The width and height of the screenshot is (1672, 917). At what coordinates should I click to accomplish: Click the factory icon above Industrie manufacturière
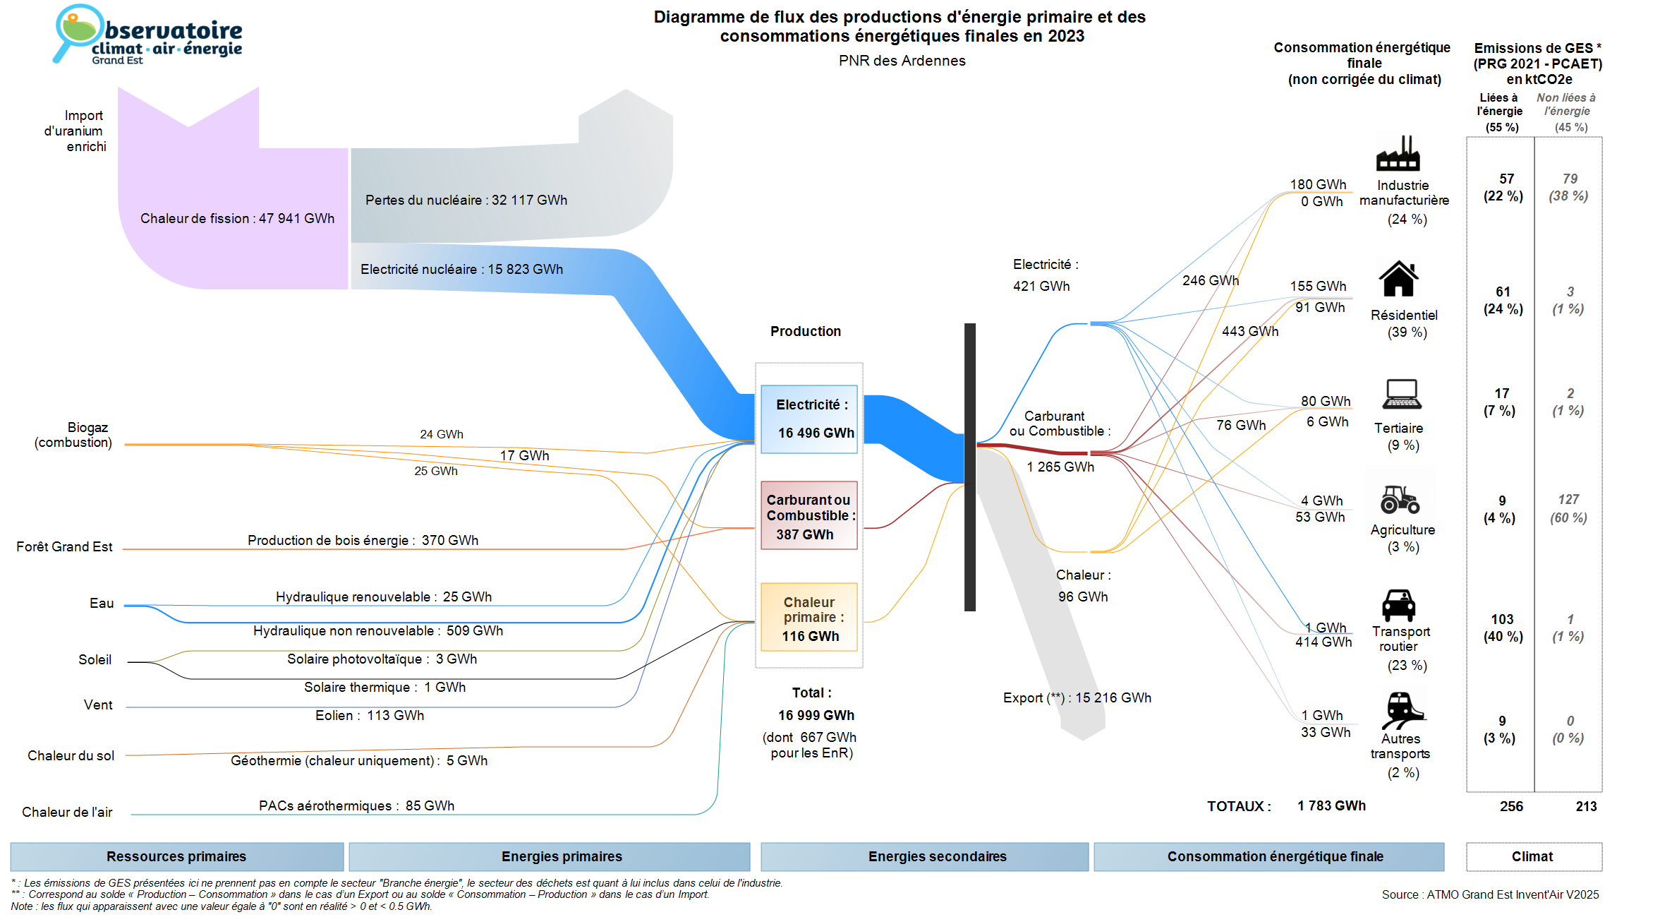pyautogui.click(x=1398, y=153)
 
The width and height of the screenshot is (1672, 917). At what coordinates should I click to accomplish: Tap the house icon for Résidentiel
pyautogui.click(x=1399, y=278)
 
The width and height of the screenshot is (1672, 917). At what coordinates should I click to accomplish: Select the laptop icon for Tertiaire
pyautogui.click(x=1402, y=394)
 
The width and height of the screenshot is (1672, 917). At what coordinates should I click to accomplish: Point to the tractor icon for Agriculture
pyautogui.click(x=1400, y=499)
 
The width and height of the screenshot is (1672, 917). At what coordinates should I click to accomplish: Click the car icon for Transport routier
pyautogui.click(x=1399, y=605)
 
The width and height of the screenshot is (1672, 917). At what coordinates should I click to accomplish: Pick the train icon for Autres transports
pyautogui.click(x=1403, y=710)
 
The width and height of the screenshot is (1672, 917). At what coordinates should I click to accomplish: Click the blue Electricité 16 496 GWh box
pyautogui.click(x=809, y=419)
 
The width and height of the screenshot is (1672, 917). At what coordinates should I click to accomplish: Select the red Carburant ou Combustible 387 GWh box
pyautogui.click(x=809, y=515)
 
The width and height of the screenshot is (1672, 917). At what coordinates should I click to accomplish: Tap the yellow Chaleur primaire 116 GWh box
pyautogui.click(x=809, y=617)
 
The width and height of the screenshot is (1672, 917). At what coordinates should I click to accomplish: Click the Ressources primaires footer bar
pyautogui.click(x=177, y=856)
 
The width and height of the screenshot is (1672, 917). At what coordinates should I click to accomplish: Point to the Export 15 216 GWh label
pyautogui.click(x=1077, y=697)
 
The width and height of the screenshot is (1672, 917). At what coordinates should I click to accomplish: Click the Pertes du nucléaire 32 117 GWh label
pyautogui.click(x=466, y=200)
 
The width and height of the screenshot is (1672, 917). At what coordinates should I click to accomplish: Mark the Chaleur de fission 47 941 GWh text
pyautogui.click(x=237, y=218)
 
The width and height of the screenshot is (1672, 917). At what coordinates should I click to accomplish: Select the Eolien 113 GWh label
pyautogui.click(x=370, y=715)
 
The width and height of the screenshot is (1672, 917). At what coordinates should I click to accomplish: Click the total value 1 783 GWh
pyautogui.click(x=1331, y=805)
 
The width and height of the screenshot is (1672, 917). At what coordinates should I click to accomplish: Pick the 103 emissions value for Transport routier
pyautogui.click(x=1502, y=619)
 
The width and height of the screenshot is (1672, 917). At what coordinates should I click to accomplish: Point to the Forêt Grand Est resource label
pyautogui.click(x=64, y=546)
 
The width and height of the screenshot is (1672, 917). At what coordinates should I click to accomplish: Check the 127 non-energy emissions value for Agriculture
pyautogui.click(x=1568, y=499)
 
